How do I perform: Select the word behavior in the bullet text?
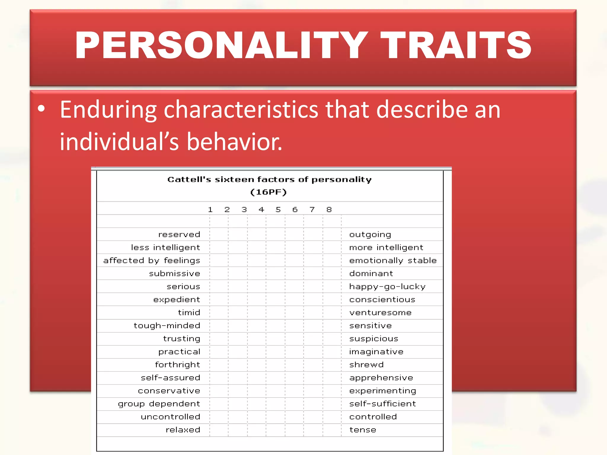point(234,142)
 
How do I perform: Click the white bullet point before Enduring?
point(41,108)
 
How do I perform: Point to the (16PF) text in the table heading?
point(269,192)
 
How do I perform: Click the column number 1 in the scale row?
point(210,210)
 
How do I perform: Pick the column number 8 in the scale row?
point(329,210)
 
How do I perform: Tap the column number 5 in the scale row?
point(278,210)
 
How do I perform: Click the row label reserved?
point(179,235)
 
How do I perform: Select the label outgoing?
point(370,235)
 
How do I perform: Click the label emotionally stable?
point(393,261)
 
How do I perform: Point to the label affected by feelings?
point(152,261)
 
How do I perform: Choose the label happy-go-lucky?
point(387,287)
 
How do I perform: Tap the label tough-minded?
point(167,326)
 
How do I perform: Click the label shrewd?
point(366,365)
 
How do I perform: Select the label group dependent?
point(159,404)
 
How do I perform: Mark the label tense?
point(363,430)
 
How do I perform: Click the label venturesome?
point(380,313)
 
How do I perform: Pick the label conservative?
point(169,391)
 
